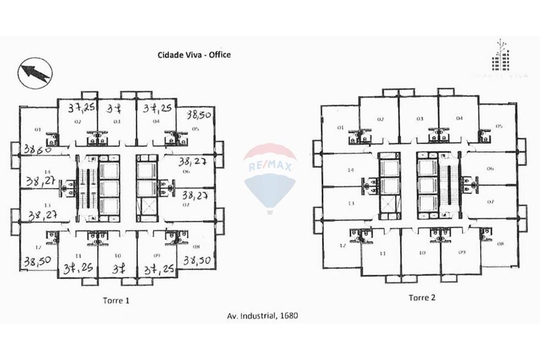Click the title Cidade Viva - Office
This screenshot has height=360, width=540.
point(194,55)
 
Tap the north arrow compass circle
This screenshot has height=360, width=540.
point(35,73)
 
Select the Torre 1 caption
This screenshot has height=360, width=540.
point(116,300)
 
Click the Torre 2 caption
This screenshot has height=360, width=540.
point(422,297)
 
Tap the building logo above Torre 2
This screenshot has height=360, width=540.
point(501,57)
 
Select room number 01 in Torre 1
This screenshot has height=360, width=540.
point(38,130)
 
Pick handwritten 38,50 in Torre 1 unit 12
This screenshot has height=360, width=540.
point(37,261)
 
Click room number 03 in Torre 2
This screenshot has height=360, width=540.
point(420,118)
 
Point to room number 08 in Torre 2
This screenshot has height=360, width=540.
point(500,244)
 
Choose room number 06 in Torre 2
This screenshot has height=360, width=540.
point(490,168)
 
